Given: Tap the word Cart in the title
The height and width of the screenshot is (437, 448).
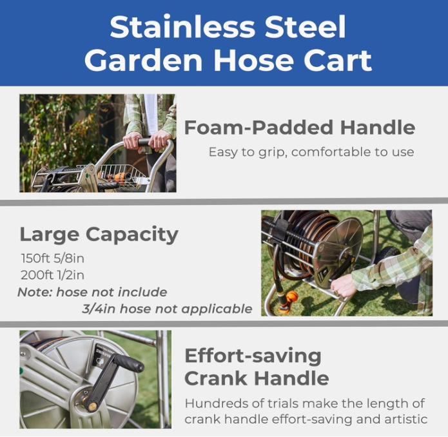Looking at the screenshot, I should (x=340, y=61).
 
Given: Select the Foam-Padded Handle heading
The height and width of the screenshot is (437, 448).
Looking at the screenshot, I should (x=300, y=127).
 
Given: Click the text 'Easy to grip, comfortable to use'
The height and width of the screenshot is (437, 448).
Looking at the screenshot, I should (x=311, y=152).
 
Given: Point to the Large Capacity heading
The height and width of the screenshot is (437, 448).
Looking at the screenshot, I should (x=99, y=234).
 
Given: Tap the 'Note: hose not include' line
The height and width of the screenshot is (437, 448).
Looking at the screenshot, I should (x=92, y=292).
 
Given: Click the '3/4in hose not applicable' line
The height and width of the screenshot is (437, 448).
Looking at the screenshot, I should (x=167, y=309).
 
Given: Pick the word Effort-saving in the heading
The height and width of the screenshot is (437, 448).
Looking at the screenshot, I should (x=253, y=356).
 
